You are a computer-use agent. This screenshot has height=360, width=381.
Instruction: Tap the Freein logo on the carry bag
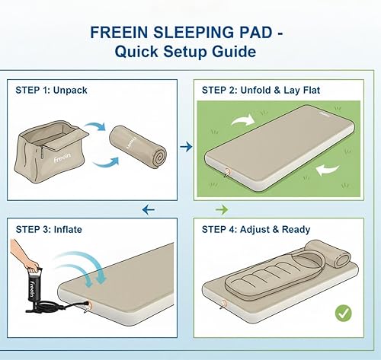[x=62, y=161]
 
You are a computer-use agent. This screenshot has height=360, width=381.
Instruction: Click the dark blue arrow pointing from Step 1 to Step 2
[x=184, y=145]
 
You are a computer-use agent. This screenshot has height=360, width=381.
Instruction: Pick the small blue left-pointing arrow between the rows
[x=149, y=209]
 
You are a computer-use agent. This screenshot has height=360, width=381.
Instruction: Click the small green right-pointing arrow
[x=222, y=209]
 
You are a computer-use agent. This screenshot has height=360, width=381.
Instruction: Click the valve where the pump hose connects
[x=91, y=306]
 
